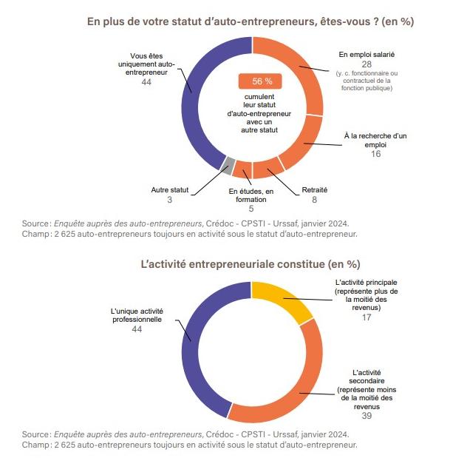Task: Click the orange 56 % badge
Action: point(256,81)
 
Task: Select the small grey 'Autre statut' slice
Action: point(230,166)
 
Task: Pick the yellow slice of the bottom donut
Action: point(282,297)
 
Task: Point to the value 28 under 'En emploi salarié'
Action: point(366,64)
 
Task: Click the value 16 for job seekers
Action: point(375,154)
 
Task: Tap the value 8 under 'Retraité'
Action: point(314,200)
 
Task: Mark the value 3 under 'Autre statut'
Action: point(169,200)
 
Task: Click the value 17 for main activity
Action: point(367,317)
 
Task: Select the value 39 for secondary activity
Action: point(367,416)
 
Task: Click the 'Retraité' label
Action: point(314,190)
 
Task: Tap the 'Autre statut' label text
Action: point(169,190)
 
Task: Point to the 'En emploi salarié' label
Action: point(367,54)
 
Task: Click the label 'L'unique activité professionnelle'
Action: point(136,314)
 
